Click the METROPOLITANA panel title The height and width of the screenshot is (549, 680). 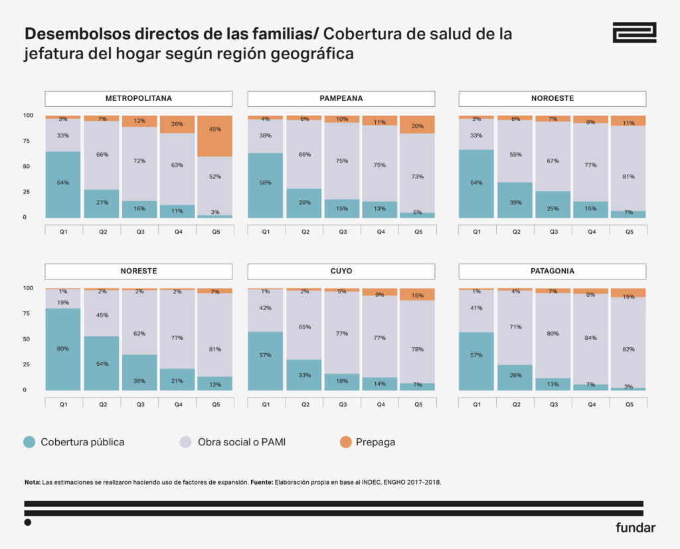138,98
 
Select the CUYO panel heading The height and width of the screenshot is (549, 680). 341,271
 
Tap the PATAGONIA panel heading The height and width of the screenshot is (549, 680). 552,271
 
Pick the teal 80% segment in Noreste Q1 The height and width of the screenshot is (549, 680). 63,349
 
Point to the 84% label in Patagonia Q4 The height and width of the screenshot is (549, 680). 590,338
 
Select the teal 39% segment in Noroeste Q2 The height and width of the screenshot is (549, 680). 515,200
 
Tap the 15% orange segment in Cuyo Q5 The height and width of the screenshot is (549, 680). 417,295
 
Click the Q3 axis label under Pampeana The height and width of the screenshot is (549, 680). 341,232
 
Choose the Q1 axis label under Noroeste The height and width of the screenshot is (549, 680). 476,232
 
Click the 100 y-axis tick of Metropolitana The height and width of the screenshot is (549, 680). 29,116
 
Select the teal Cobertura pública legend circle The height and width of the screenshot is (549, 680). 30,442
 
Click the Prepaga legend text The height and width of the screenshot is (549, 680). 377,442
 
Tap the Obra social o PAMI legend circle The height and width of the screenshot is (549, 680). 187,442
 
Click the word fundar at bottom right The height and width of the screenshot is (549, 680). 636,528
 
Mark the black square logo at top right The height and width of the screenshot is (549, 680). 634,33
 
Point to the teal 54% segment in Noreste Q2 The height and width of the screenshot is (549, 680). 102,363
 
